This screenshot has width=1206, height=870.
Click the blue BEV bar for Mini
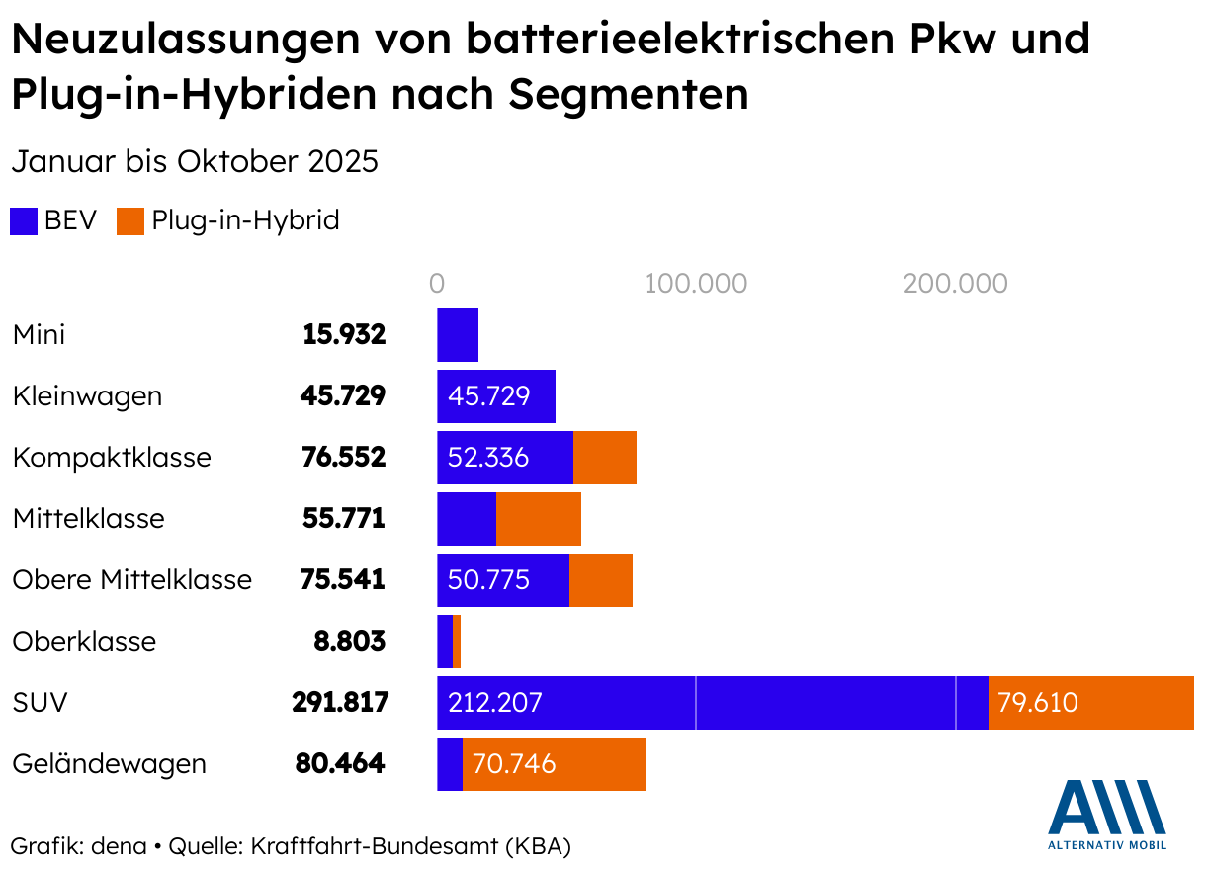[x=458, y=334]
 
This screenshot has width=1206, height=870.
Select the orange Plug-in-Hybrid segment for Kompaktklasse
[x=605, y=458]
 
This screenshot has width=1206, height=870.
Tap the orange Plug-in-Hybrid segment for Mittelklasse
[x=539, y=519]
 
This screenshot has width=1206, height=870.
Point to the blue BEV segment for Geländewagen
[x=450, y=764]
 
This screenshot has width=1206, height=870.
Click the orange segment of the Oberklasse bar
[x=457, y=642]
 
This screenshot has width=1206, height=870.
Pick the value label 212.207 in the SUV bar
[x=495, y=703]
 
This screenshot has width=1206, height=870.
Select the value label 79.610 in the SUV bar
[x=1038, y=703]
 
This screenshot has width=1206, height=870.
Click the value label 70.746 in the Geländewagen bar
[x=514, y=764]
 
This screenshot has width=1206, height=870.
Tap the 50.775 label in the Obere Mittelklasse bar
[x=488, y=580]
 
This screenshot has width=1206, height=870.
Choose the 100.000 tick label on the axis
[x=696, y=284]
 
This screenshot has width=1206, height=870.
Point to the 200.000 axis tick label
[x=955, y=284]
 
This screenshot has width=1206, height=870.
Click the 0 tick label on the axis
[x=437, y=284]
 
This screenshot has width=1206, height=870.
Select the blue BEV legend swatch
[x=24, y=220]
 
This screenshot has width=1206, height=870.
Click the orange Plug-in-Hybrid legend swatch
[x=130, y=220]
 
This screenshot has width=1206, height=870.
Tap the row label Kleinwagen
[x=87, y=396]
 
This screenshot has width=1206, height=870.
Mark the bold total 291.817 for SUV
[x=340, y=703]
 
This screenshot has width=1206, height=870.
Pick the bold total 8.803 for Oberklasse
[x=349, y=642]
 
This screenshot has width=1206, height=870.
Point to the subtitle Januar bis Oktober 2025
[x=195, y=161]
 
